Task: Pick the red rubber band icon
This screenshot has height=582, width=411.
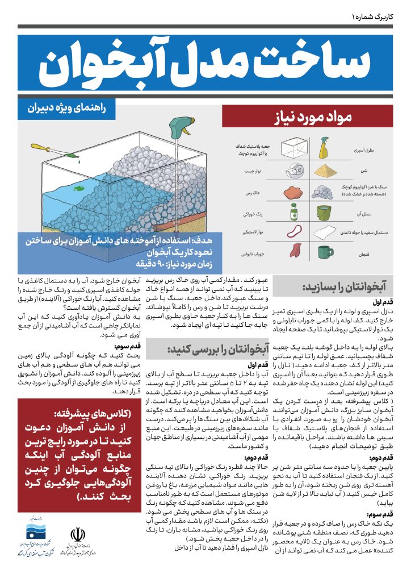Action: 295,234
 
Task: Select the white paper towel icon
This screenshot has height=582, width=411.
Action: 324,232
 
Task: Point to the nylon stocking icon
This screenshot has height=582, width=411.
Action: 295,250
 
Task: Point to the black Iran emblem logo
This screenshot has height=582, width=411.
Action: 76,537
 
